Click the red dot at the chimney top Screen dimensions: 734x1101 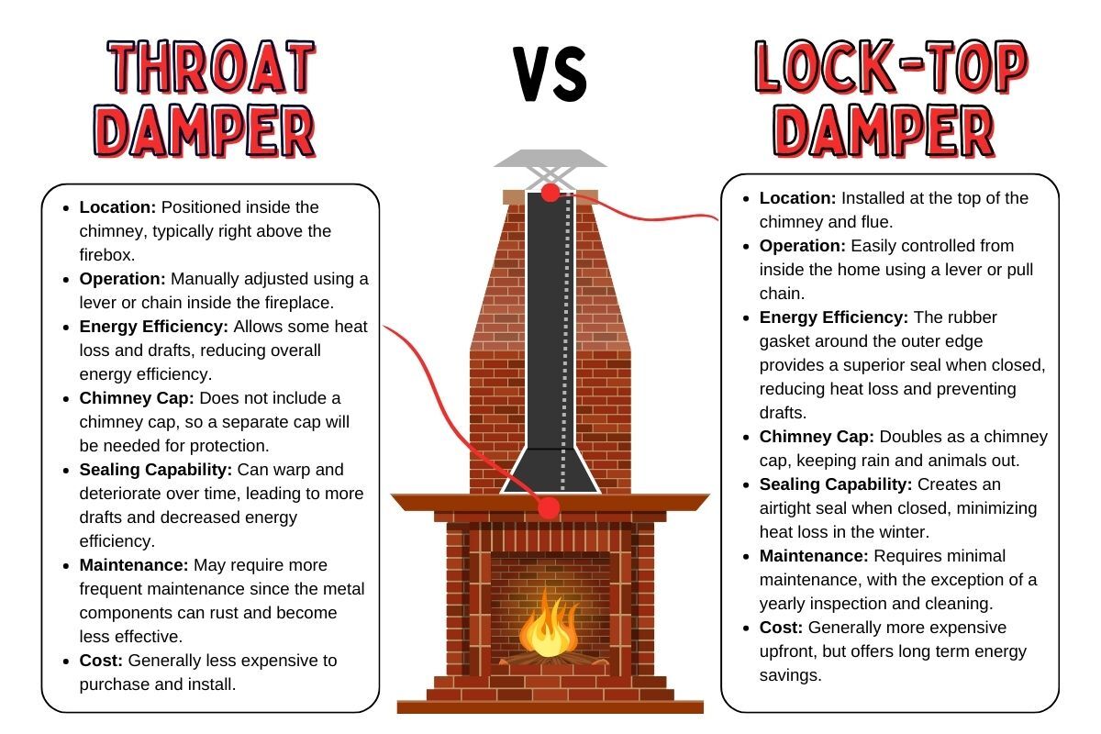click(x=550, y=193)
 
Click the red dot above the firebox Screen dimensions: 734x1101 click(x=550, y=506)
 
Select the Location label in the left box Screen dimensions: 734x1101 click(x=116, y=207)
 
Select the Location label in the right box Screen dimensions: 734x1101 click(x=795, y=198)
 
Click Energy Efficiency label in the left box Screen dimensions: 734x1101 click(x=155, y=327)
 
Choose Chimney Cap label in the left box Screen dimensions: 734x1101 click(x=137, y=398)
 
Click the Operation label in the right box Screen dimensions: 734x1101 click(x=803, y=246)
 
